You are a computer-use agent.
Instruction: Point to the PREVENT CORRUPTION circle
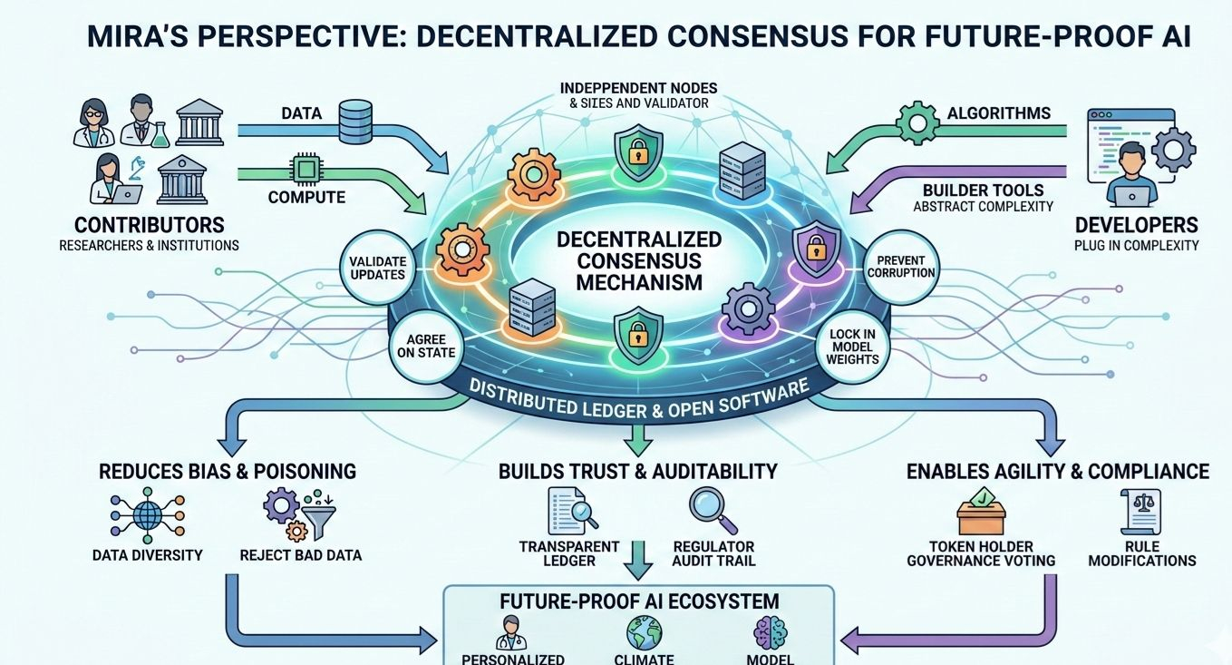tap(899, 265)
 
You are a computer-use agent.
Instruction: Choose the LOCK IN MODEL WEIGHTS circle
tap(853, 347)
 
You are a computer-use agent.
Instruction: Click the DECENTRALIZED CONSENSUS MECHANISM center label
tap(638, 261)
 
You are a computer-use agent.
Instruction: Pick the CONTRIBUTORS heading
tap(149, 225)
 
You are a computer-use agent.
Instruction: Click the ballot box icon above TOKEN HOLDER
tap(981, 513)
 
